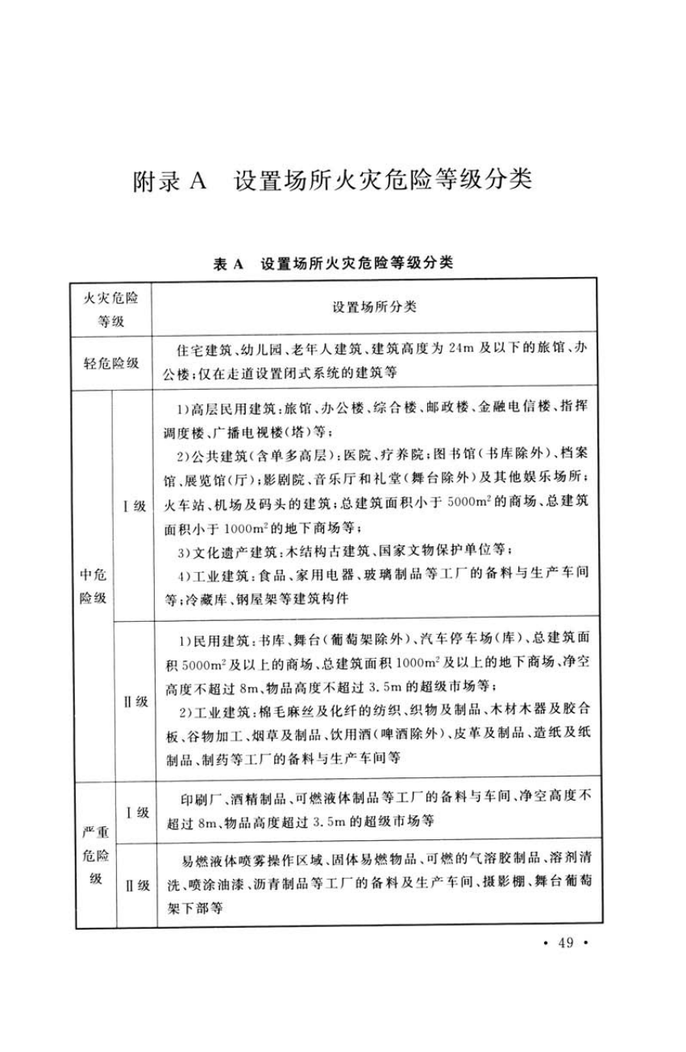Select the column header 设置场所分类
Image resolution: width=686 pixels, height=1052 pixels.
[374, 308]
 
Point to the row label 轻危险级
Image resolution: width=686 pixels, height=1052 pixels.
[112, 362]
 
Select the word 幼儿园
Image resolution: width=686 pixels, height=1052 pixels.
[275, 351]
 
